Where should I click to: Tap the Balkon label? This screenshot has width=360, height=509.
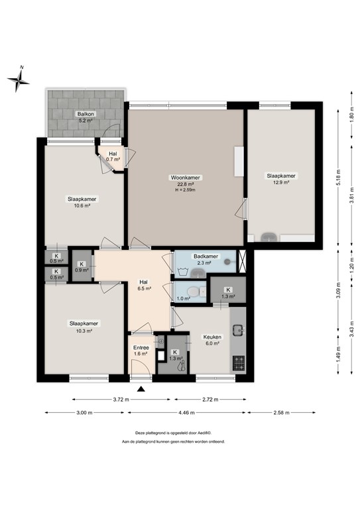click(84, 113)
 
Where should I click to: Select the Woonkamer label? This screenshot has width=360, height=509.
click(186, 178)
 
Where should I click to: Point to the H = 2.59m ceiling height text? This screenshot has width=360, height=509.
click(186, 190)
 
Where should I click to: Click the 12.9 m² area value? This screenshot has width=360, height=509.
click(281, 182)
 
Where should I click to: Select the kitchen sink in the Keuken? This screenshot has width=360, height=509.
click(238, 328)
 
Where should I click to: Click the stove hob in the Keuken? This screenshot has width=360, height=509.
click(238, 363)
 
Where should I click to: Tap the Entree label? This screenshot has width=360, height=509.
click(141, 347)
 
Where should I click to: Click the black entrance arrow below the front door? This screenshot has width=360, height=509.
click(141, 389)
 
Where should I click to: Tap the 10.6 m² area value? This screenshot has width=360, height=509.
click(83, 205)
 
